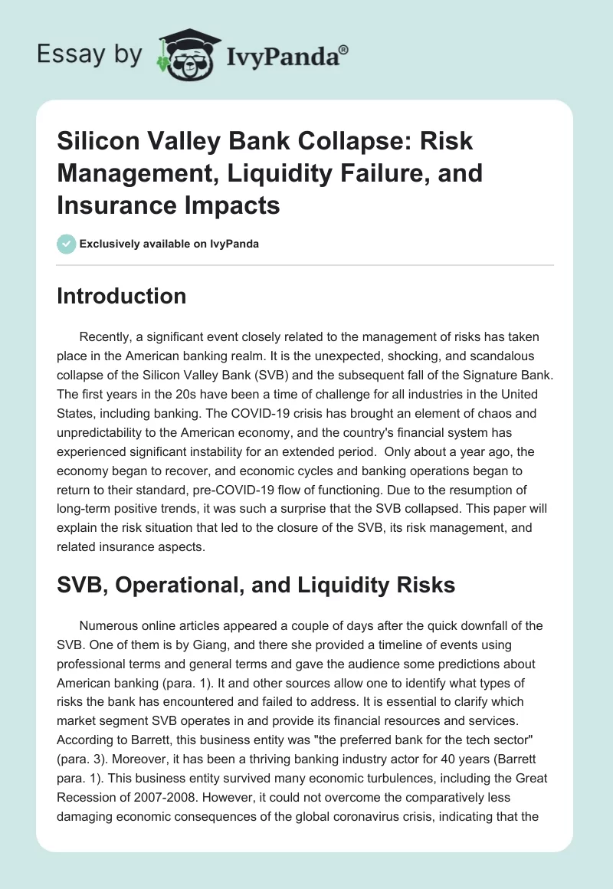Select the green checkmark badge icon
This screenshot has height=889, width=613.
(66, 244)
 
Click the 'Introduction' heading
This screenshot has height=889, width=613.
(121, 297)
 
